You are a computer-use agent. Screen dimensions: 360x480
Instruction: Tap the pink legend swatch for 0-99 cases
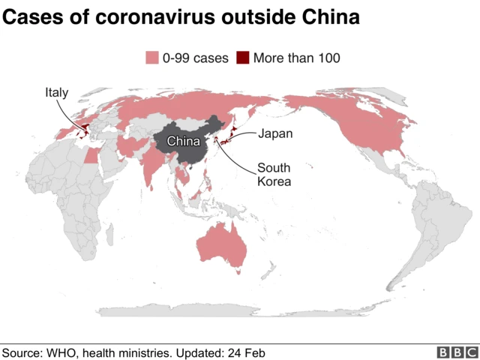point(151,58)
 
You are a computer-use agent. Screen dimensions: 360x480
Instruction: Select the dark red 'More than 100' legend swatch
point(243,58)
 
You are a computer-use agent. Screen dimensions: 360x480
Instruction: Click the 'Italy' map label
point(56,93)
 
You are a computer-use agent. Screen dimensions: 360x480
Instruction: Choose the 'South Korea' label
point(274,174)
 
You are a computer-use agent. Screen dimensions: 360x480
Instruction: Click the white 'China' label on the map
point(183,141)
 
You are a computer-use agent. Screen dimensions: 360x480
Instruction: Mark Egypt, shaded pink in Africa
point(91,155)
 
